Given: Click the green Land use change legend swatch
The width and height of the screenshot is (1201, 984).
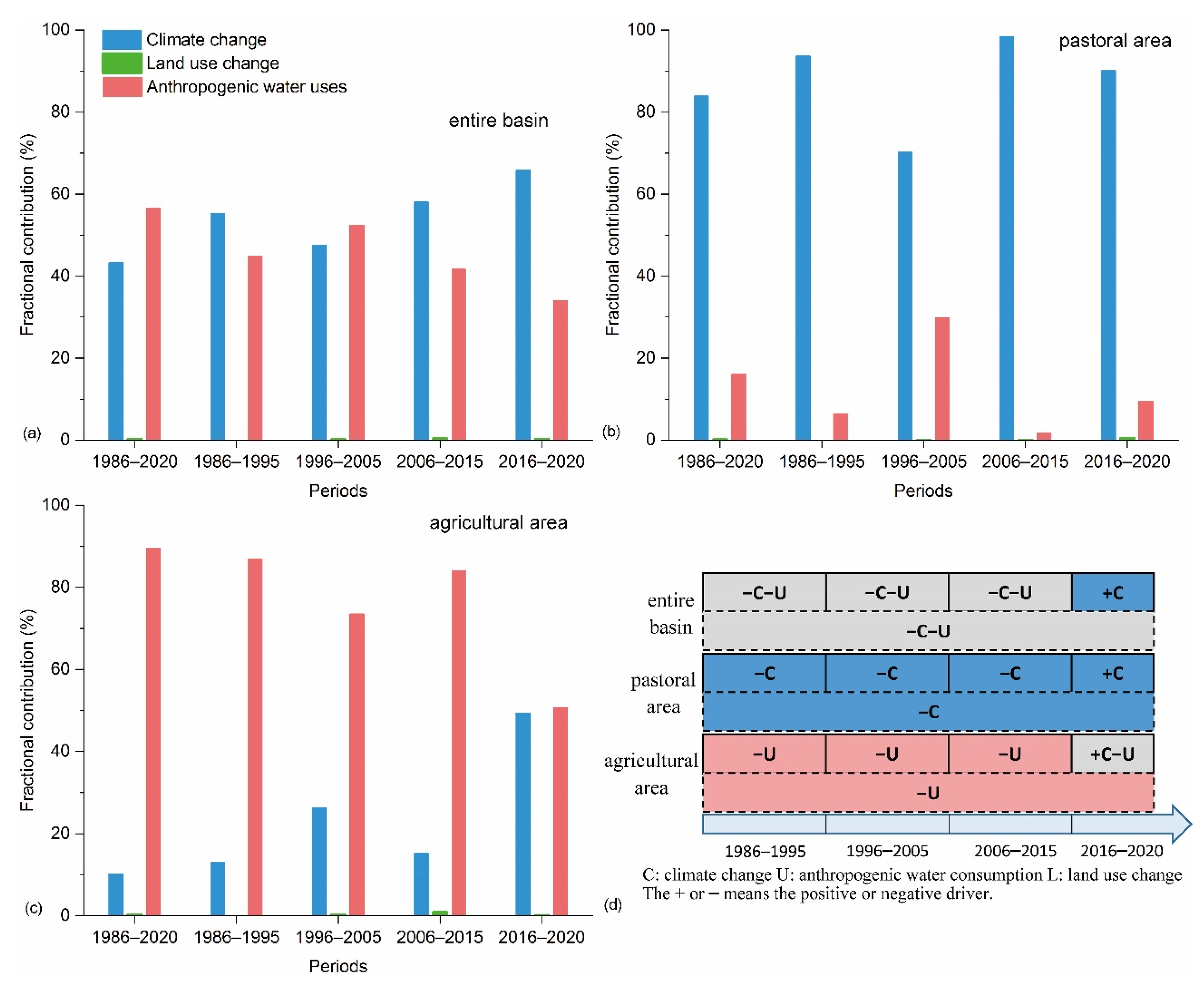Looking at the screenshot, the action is click(121, 63).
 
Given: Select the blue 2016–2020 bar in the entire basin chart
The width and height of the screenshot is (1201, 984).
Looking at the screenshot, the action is click(522, 304).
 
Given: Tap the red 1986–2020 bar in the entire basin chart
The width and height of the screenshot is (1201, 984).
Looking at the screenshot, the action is click(153, 324).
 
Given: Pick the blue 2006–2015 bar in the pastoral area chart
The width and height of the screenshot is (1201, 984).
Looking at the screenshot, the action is click(1006, 238).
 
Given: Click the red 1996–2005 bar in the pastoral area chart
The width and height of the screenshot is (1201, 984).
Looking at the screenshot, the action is click(942, 379).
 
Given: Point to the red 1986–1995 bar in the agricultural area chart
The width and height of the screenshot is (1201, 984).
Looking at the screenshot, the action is click(255, 736).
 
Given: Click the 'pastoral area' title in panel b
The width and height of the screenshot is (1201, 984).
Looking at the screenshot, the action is click(1115, 41).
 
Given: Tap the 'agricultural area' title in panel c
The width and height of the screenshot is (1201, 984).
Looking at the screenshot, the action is click(498, 522).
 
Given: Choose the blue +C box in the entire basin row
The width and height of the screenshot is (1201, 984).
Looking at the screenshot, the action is click(1112, 592).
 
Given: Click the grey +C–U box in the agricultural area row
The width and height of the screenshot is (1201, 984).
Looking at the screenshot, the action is click(1112, 754).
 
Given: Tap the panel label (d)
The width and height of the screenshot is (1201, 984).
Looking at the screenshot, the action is click(613, 905).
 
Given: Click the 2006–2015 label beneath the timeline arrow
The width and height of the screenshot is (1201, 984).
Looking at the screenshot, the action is click(1015, 851).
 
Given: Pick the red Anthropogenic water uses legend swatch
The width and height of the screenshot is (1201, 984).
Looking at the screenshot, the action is click(121, 87).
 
